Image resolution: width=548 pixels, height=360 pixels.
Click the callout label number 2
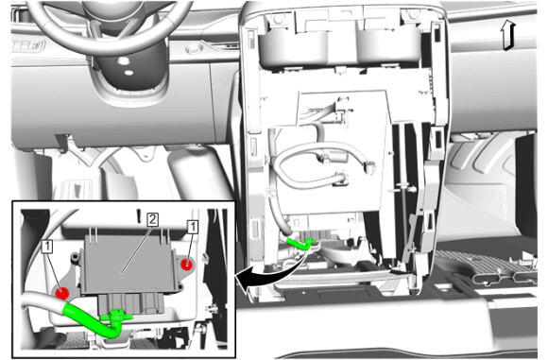[152, 219]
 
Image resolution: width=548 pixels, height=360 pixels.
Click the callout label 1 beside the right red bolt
[193, 227]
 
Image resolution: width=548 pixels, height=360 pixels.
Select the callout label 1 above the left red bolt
[47, 247]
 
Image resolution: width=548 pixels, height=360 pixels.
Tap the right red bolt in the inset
[187, 264]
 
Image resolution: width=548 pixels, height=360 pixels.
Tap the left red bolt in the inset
[61, 293]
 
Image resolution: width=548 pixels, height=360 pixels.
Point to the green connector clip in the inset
[116, 316]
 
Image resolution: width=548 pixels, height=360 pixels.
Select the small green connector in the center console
[301, 243]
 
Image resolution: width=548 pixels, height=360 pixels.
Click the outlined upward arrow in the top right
[508, 35]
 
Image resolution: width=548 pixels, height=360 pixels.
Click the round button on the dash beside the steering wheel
[194, 48]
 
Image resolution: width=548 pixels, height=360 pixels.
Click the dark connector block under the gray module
[131, 302]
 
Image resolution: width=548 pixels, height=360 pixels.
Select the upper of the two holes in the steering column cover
[123, 60]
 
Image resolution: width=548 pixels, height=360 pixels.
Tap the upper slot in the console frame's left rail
[251, 38]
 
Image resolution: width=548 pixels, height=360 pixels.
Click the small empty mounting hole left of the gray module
[75, 258]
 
